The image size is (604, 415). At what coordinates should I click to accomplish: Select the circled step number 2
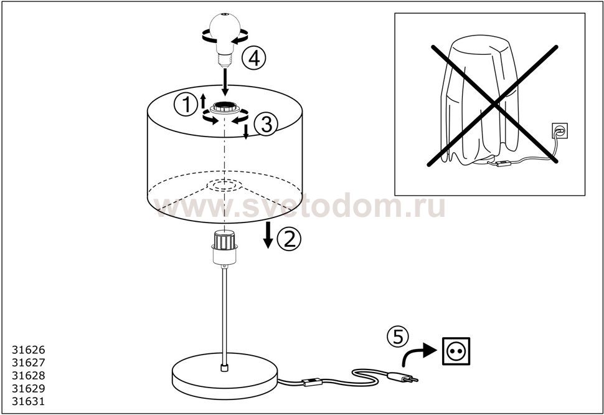pos(289,239)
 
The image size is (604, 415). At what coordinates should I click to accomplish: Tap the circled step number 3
pos(266,125)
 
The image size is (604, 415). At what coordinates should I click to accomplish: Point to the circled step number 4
pos(254,59)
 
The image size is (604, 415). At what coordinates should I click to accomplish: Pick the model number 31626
pos(29,350)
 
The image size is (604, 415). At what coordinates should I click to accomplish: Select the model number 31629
pos(29,388)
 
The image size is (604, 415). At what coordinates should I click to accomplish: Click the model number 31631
pos(29,401)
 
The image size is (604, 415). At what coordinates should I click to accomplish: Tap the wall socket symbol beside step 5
pos(456,351)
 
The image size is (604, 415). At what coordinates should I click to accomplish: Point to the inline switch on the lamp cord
pos(313,382)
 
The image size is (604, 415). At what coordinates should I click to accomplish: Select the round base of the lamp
pos(225,376)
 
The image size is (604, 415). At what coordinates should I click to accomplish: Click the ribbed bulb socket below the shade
pos(224,247)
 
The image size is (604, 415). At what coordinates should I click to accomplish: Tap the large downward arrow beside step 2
pos(268,235)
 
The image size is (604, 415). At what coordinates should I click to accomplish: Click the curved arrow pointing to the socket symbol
pos(419,353)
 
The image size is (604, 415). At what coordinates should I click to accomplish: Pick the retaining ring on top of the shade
pos(225,108)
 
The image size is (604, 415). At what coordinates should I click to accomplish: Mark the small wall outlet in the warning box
pos(559,131)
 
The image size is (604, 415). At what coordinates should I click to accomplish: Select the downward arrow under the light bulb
pos(225,82)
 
